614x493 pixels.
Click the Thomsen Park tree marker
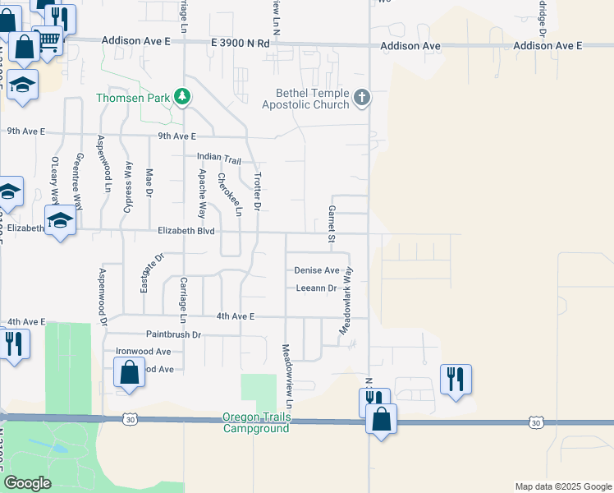pyautogui.click(x=182, y=98)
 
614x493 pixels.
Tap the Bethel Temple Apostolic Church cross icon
pyautogui.click(x=361, y=99)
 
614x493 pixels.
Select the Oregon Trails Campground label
pyautogui.click(x=256, y=422)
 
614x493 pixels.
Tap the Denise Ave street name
pyautogui.click(x=317, y=270)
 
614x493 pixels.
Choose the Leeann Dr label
pyautogui.click(x=316, y=288)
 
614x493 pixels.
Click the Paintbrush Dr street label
pyautogui.click(x=173, y=334)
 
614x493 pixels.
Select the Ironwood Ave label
pyautogui.click(x=143, y=351)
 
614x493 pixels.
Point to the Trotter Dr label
pyautogui.click(x=257, y=194)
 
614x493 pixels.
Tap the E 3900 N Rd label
pyautogui.click(x=240, y=43)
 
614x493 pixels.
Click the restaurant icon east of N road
pyautogui.click(x=456, y=379)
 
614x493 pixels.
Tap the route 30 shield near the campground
pyautogui.click(x=130, y=419)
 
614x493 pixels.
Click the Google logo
pyautogui.click(x=27, y=483)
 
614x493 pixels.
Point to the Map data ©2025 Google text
pyautogui.click(x=562, y=486)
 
